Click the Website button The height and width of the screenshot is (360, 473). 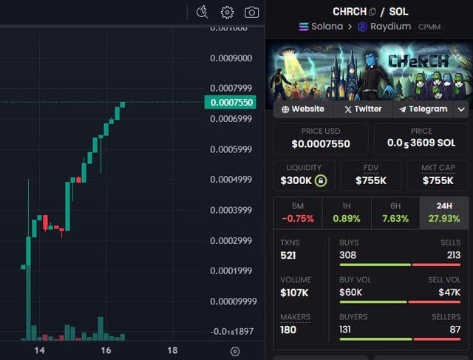(x=303, y=109)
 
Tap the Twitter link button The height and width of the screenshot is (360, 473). (x=363, y=109)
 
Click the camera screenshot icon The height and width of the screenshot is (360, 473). (x=252, y=12)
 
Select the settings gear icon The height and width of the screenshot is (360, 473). (x=227, y=12)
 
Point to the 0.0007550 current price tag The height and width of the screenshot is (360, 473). (x=230, y=103)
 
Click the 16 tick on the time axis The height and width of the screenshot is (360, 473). (x=106, y=350)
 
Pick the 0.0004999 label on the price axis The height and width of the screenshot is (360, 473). (x=231, y=180)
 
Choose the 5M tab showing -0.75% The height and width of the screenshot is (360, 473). (x=298, y=211)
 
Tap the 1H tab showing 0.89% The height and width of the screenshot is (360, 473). (x=346, y=211)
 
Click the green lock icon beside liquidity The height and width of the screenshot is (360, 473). (x=320, y=180)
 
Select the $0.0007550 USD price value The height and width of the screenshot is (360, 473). (x=321, y=144)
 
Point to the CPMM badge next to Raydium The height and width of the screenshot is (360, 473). (x=429, y=27)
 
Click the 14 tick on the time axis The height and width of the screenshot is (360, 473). (x=40, y=350)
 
